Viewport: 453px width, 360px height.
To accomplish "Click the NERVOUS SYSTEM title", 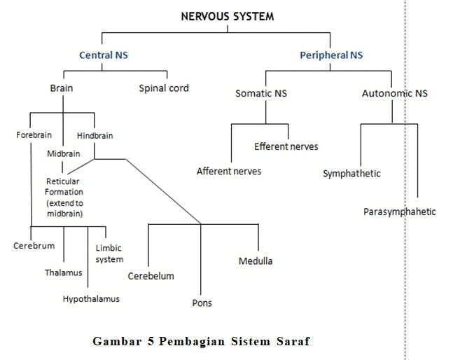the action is (228, 17).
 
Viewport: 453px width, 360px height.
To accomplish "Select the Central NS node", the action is (104, 55).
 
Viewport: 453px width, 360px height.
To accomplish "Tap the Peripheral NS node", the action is (331, 55).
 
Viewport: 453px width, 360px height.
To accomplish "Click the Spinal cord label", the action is (164, 88).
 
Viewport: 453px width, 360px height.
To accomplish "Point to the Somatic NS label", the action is (261, 93).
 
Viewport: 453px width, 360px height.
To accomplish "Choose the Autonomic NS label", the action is (395, 93).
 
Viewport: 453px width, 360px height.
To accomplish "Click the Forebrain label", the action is (34, 135).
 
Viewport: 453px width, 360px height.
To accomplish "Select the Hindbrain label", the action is (95, 135).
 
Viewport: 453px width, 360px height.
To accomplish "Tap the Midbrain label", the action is (64, 153).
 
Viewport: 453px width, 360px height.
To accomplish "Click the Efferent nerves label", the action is (286, 146).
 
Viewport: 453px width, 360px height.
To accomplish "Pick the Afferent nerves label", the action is (229, 172).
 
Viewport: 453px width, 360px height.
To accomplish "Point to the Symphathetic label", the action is (351, 174).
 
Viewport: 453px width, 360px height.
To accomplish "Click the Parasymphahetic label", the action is (400, 212).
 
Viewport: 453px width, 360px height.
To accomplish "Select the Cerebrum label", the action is (34, 246).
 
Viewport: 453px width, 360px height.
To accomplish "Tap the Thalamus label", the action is (63, 272).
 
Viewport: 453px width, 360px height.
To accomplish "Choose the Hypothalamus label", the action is (91, 299).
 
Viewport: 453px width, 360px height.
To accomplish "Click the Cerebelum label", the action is (151, 276).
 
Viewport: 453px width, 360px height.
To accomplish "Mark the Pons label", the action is (202, 303).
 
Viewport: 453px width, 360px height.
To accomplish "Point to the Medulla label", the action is (256, 261).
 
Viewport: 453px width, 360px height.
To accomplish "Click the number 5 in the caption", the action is (151, 341).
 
